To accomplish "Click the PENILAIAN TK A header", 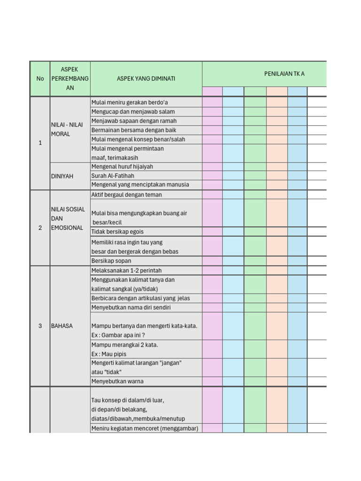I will [x=284, y=74].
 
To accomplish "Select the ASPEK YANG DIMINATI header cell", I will [x=146, y=78].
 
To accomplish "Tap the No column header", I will [x=40, y=78].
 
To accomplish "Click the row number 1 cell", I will [x=40, y=143].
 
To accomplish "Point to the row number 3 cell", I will [x=40, y=326].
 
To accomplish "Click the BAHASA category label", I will [x=62, y=326].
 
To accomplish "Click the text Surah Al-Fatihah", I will [x=113, y=176].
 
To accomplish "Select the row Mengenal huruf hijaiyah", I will [x=122, y=167].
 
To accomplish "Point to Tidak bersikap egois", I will [x=118, y=232].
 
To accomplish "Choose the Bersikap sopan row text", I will [x=111, y=261].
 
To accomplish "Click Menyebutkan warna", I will [x=118, y=381].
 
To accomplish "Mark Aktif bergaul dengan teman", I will [x=126, y=194].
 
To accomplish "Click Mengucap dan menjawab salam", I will [x=133, y=112].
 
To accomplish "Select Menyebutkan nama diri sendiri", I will [x=131, y=308].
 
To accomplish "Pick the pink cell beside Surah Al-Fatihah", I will [x=212, y=176].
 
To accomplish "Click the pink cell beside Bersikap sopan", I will [x=212, y=261].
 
